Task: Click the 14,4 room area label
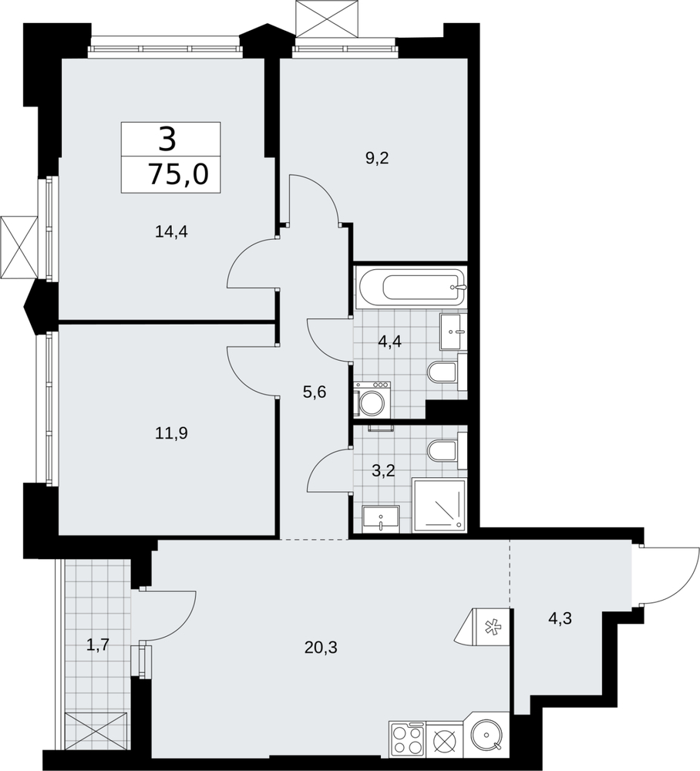(x=172, y=231)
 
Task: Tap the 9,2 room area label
(x=377, y=158)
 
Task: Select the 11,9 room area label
(x=172, y=433)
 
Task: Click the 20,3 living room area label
(x=321, y=648)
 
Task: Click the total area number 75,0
(x=178, y=174)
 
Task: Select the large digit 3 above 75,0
(x=167, y=139)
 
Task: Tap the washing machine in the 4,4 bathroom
(x=372, y=399)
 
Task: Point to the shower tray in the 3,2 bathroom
(x=439, y=505)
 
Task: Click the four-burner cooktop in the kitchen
(x=407, y=739)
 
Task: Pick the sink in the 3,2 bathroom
(x=381, y=519)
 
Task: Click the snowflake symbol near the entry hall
(x=490, y=626)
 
